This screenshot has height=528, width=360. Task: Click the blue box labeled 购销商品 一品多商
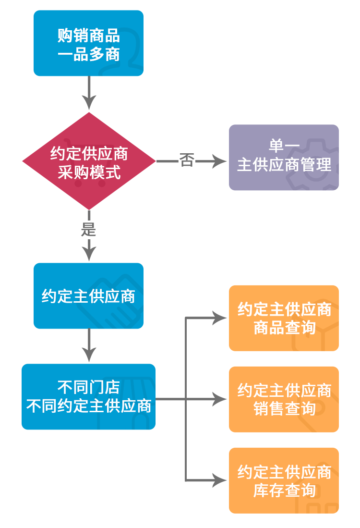point(88,43)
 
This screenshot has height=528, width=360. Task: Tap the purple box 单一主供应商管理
point(284,157)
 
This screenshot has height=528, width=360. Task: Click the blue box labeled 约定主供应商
point(88,296)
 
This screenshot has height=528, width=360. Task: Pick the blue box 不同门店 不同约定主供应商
point(88,396)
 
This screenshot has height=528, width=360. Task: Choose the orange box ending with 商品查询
point(284,318)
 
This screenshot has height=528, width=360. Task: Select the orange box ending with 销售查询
point(284,399)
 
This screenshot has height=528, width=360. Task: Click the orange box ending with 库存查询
point(284,480)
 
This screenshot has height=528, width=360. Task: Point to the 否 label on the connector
point(187,161)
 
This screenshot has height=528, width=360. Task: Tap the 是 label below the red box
point(88,230)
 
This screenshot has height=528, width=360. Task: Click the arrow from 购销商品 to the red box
point(88,95)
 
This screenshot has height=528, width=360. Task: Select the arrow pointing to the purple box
point(211,161)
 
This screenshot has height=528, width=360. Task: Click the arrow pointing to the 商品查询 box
point(207,318)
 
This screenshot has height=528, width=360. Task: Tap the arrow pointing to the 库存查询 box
point(207,480)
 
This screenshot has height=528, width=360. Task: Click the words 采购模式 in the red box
point(89,172)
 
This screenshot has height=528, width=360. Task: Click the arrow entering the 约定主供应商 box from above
point(88,250)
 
